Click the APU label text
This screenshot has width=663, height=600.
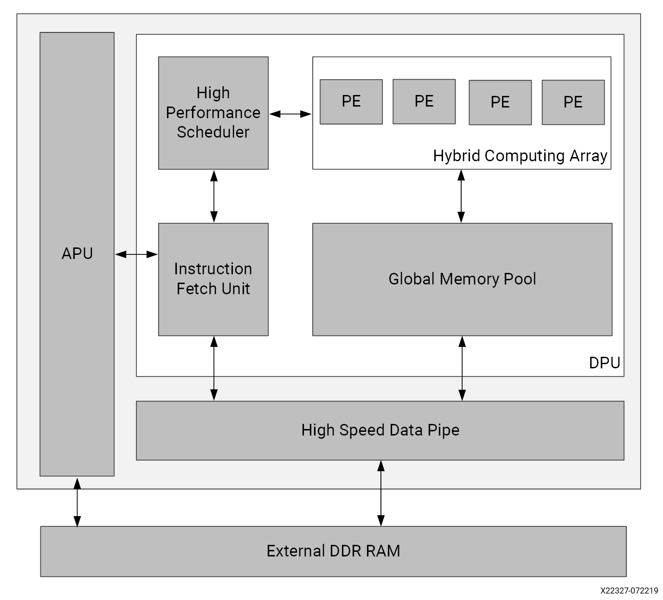(x=77, y=253)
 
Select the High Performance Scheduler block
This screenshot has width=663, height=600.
(x=213, y=113)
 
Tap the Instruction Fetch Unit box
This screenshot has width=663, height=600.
(x=213, y=279)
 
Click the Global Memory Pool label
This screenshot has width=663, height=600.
(x=462, y=279)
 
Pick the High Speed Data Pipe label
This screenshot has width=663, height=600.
(x=380, y=430)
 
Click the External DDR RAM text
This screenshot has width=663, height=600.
(x=333, y=551)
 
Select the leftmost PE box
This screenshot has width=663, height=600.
(x=351, y=101)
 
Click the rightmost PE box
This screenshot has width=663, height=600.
(x=573, y=102)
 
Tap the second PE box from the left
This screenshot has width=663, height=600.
(x=424, y=101)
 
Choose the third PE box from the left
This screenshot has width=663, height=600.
(x=500, y=102)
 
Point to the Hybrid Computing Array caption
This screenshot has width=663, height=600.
(x=520, y=156)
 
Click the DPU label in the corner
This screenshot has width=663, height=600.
(x=604, y=363)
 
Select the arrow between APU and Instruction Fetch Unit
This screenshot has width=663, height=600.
(x=136, y=254)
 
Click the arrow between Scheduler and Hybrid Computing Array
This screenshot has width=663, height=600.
(x=290, y=114)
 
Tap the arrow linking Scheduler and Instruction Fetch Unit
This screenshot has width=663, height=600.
(x=214, y=196)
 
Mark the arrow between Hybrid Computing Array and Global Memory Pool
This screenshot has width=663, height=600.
(x=461, y=196)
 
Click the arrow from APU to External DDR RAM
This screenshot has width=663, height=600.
(x=77, y=502)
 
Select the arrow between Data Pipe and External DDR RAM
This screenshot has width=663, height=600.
(x=381, y=493)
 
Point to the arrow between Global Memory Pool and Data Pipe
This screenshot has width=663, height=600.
(x=462, y=368)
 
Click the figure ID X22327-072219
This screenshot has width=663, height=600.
(x=629, y=591)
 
